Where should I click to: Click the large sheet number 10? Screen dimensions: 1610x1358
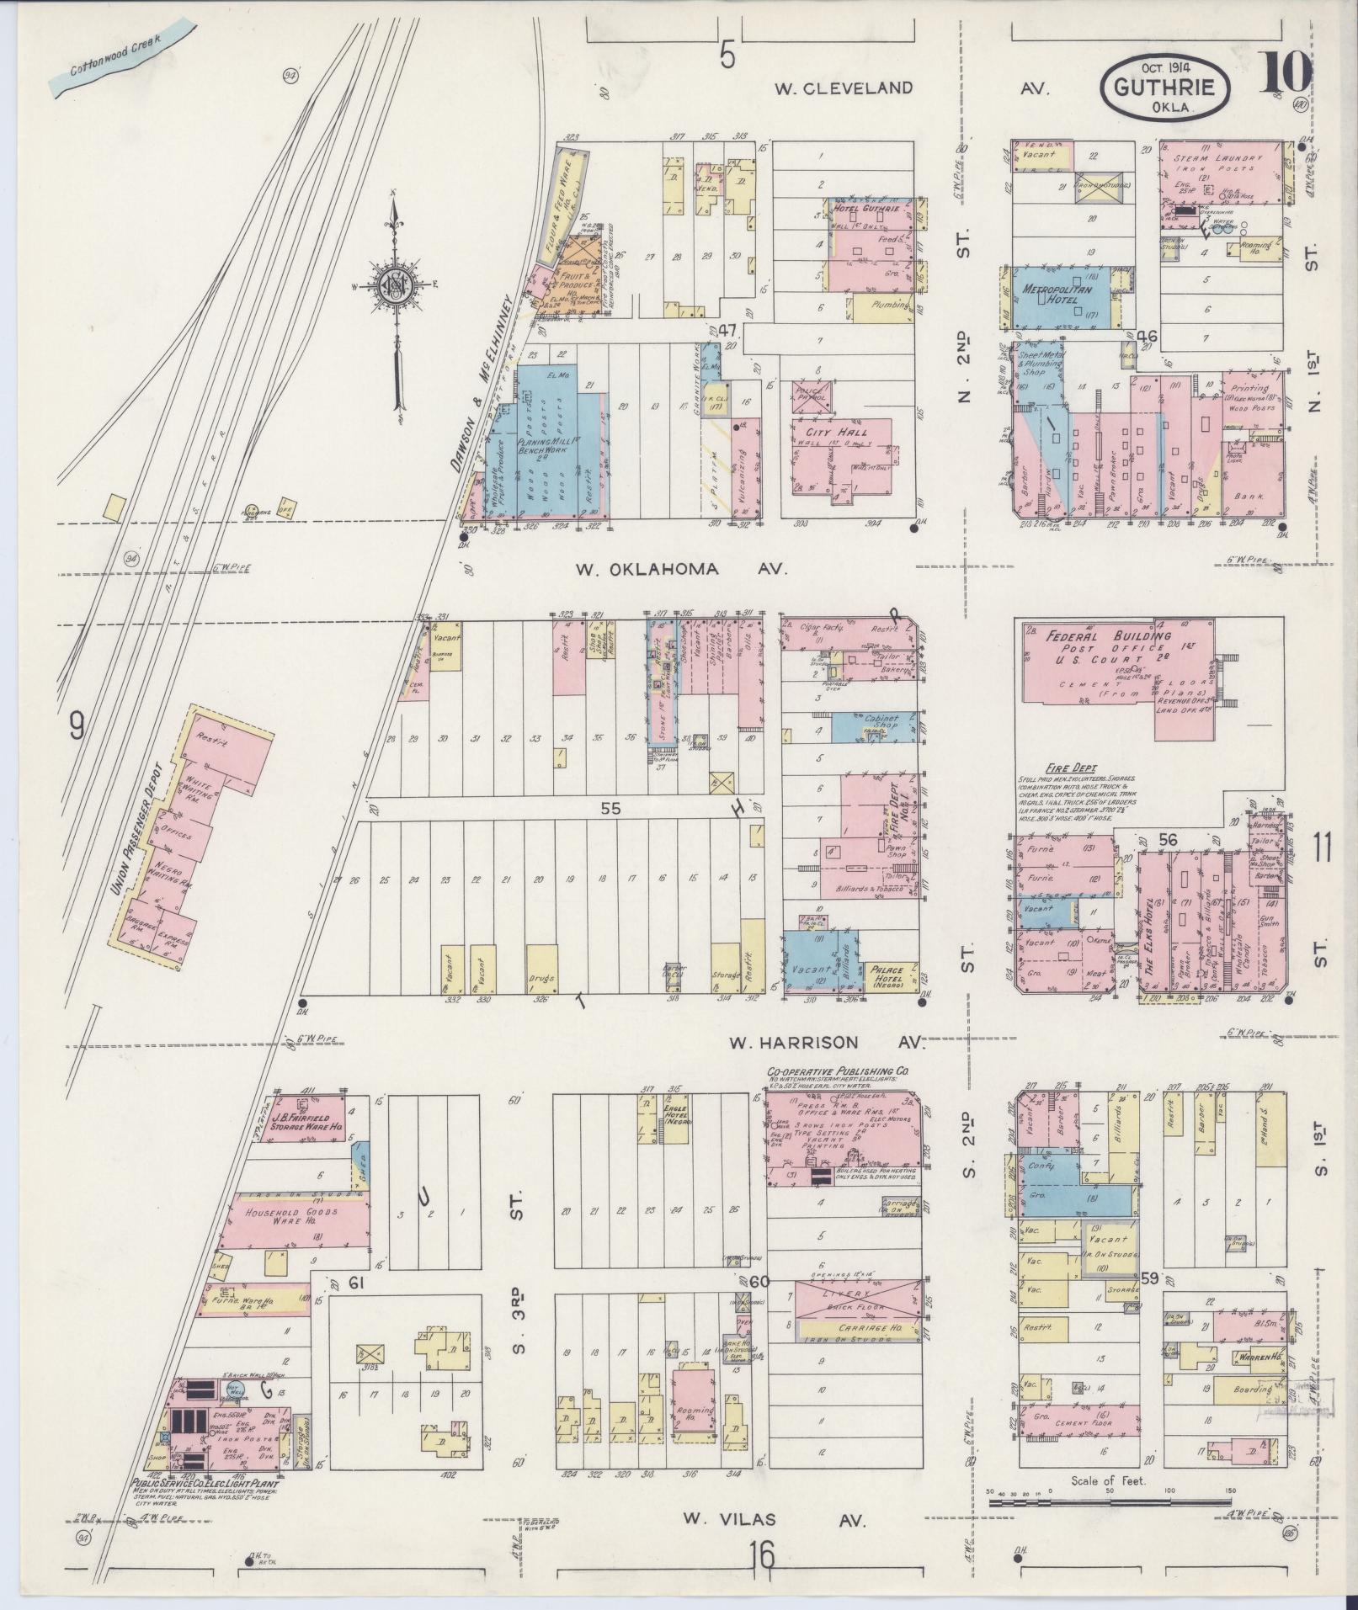pyautogui.click(x=1286, y=74)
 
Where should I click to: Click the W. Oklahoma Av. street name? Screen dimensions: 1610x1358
pyautogui.click(x=682, y=570)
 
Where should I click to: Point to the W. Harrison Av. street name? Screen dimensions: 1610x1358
pyautogui.click(x=826, y=1043)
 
